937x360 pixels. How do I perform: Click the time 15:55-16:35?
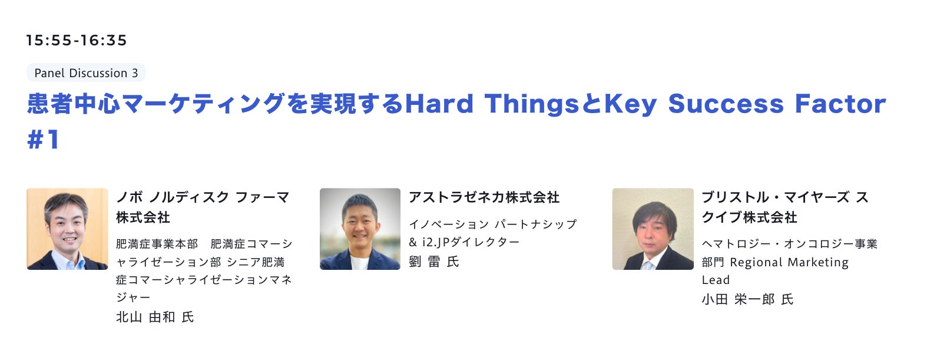[76, 40]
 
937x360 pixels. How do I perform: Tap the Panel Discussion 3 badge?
[86, 73]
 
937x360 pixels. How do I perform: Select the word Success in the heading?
[726, 104]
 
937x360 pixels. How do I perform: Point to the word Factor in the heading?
[840, 104]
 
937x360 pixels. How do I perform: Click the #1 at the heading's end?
[44, 140]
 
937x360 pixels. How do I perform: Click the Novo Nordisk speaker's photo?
[67, 229]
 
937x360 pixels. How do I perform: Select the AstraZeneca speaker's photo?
[360, 229]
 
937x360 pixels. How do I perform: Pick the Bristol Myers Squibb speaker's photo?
[653, 229]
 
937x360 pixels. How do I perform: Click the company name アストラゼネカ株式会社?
[484, 197]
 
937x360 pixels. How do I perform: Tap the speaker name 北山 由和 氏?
[155, 317]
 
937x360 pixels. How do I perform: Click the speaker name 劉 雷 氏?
[434, 262]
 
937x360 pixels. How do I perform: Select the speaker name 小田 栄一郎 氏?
[747, 299]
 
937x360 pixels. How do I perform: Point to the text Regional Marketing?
[789, 262]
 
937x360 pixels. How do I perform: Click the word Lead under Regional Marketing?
[716, 280]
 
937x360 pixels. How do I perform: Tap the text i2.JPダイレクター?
[471, 242]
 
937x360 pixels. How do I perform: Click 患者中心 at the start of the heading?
[74, 104]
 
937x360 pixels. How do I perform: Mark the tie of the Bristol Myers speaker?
[648, 265]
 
